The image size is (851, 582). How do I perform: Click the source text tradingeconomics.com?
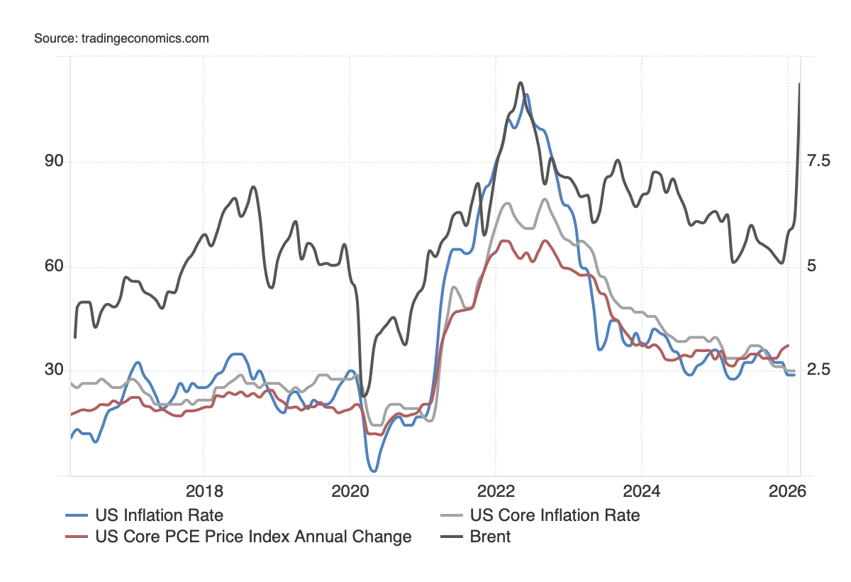coord(121,38)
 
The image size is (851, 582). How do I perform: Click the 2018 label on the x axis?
coord(204,492)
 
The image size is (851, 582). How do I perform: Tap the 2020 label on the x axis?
coord(349,492)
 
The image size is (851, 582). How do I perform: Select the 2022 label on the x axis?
coord(495,492)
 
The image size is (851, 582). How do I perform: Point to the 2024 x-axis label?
coord(641,492)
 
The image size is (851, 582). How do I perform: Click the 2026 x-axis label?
coord(787,492)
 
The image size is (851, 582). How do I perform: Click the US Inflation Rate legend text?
coord(159,515)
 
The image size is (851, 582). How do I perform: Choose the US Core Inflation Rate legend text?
coord(555,515)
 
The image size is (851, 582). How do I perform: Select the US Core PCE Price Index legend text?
coord(253,537)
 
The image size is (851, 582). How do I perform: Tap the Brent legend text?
coord(490,537)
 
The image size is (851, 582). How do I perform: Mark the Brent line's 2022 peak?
coord(520,83)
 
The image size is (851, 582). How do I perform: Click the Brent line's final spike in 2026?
coord(799,84)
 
